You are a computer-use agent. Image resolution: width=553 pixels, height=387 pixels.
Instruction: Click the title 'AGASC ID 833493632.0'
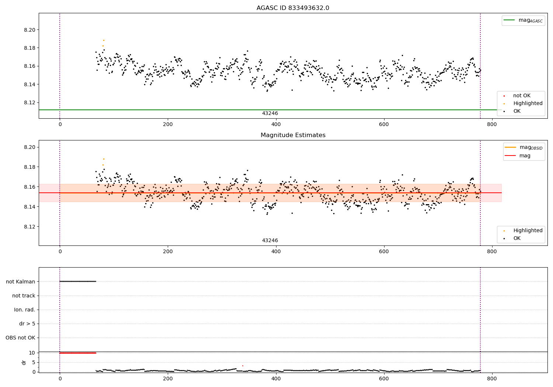coord(293,8)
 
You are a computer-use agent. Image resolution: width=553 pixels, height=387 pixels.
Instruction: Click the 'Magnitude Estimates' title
coord(293,135)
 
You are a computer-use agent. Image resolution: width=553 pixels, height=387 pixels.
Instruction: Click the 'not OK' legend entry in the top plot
coord(522,96)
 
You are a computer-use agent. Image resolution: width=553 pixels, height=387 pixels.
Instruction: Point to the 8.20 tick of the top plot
coord(29,30)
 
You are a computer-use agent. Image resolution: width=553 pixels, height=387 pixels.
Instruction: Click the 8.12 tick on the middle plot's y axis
coord(29,227)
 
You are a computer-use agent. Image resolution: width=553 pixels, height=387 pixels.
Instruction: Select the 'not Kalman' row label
coord(21,282)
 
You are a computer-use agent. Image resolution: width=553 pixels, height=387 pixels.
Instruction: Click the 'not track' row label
coord(24,296)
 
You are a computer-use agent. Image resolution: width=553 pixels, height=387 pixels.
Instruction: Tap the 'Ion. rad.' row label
coord(25,310)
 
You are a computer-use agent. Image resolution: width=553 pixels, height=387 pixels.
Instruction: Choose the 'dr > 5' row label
coord(27,324)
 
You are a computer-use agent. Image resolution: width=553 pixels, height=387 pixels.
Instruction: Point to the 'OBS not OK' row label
coord(20,338)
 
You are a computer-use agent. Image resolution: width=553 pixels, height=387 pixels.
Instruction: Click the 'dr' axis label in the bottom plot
coord(24,362)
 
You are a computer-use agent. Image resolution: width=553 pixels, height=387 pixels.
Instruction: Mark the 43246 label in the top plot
coord(270,114)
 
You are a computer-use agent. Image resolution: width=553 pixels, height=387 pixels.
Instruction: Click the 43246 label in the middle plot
coord(270,241)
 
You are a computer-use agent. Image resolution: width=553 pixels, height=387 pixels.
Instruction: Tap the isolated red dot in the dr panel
coord(243,366)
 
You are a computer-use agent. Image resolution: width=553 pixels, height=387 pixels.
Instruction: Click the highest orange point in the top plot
coord(104,40)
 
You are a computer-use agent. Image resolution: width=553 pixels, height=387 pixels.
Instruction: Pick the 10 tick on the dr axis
coord(32,353)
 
